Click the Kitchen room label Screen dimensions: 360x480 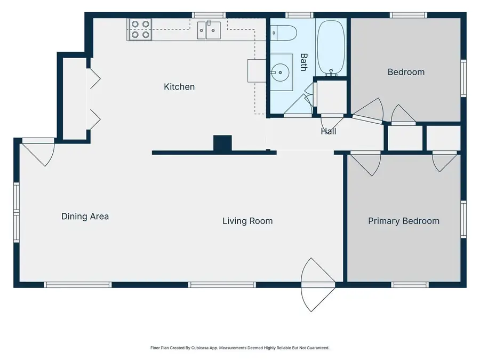[179, 86]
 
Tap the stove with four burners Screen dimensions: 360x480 [140, 30]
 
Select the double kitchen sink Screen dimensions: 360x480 [209, 30]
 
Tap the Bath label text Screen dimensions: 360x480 [303, 62]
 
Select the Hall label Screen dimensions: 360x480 [328, 131]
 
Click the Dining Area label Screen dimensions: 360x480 [85, 216]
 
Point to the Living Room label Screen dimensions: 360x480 [247, 220]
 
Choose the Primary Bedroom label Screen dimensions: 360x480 [404, 220]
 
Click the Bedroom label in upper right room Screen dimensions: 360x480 [406, 72]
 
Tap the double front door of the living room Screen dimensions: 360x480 [319, 285]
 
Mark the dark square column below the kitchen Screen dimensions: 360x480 [222, 143]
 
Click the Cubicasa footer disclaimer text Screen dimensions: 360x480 [240, 348]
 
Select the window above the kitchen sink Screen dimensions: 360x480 [209, 15]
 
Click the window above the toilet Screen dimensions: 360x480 [294, 15]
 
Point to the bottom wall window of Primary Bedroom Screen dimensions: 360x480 [410, 285]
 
